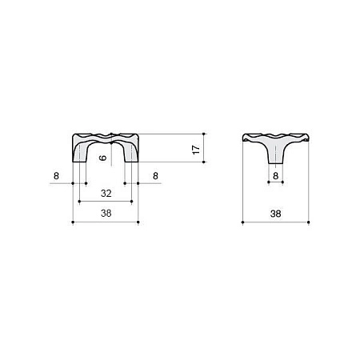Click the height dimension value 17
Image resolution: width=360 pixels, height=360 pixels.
coord(194,148)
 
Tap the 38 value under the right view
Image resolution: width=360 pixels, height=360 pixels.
coord(275,213)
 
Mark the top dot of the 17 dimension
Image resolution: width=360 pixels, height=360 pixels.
coord(206,133)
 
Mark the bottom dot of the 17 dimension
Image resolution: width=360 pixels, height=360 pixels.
coord(206,163)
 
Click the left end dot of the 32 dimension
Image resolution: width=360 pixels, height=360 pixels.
coord(78,202)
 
